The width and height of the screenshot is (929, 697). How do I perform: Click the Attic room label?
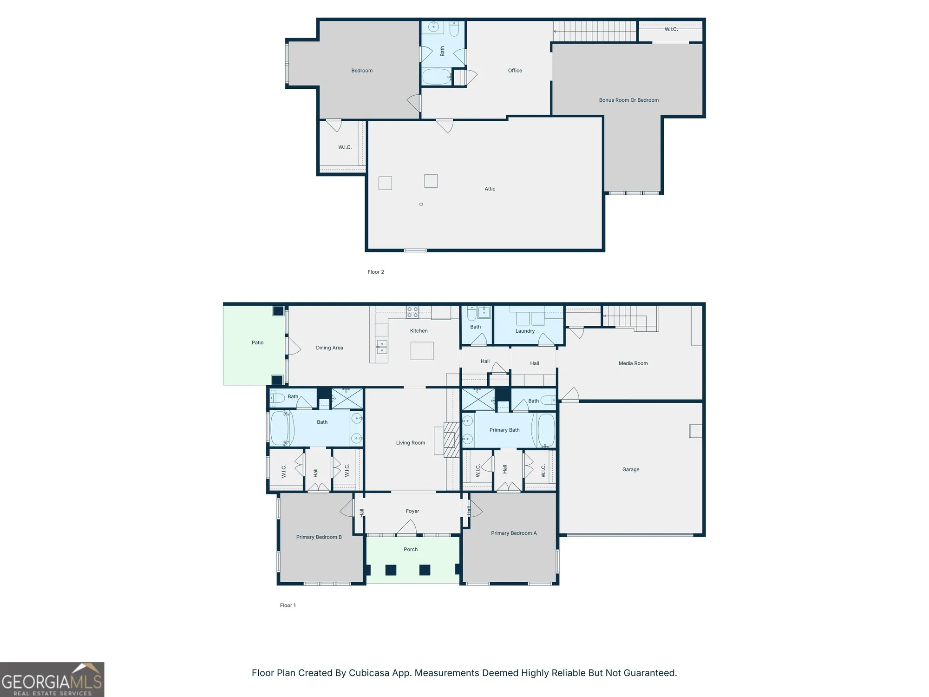click(490, 189)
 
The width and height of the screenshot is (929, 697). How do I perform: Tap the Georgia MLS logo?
click(52, 679)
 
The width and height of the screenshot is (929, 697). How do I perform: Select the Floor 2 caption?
click(375, 272)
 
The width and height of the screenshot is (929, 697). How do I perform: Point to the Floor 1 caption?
click(288, 605)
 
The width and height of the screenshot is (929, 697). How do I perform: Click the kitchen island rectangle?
click(422, 351)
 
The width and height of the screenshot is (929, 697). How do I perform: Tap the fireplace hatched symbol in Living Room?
click(451, 440)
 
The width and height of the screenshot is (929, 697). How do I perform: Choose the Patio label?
click(257, 342)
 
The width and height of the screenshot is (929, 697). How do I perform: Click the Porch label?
click(411, 549)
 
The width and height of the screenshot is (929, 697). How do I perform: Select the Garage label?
click(630, 469)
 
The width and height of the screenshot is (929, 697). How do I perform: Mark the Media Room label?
click(633, 363)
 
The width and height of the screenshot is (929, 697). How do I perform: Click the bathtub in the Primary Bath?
click(546, 430)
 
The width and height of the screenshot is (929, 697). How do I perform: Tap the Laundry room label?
click(525, 331)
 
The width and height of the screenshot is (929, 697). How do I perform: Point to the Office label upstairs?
click(515, 71)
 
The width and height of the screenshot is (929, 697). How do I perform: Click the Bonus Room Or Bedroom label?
click(628, 100)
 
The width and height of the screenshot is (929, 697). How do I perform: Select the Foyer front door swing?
click(408, 527)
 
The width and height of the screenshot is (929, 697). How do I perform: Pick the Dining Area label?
click(329, 348)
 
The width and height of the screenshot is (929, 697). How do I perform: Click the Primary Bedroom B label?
click(319, 537)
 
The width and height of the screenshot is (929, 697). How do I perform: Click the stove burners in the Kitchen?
click(412, 312)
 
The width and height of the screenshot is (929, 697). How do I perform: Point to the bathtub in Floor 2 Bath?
click(437, 77)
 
